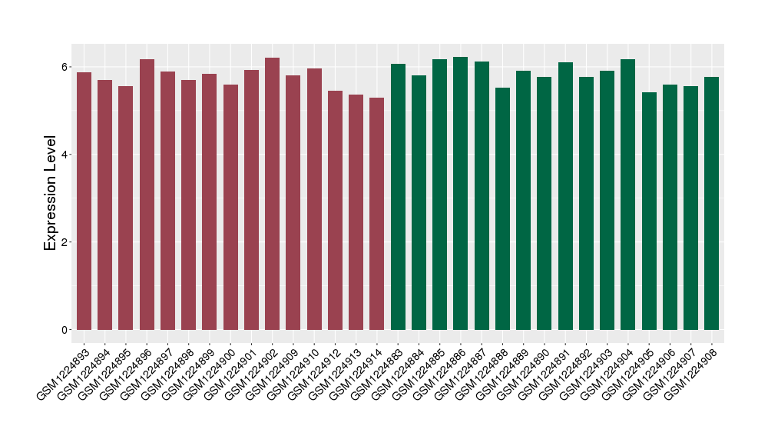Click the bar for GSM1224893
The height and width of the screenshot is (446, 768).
click(x=84, y=201)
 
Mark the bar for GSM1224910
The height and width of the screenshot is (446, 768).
click(x=314, y=199)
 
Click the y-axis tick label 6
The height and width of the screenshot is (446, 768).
click(x=66, y=67)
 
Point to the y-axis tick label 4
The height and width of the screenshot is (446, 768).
click(x=66, y=155)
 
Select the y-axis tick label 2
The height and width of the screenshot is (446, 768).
click(x=66, y=242)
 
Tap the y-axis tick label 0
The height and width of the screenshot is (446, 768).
click(x=66, y=330)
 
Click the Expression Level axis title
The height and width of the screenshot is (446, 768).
click(x=51, y=193)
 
